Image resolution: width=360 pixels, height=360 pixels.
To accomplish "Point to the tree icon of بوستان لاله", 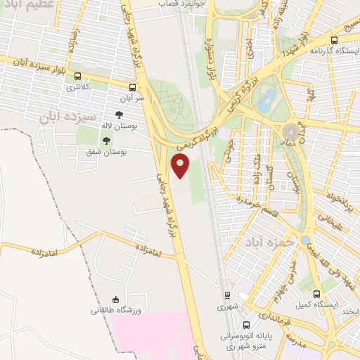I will tap(119, 114).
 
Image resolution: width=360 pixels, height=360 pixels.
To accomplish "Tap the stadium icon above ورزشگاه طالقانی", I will tap(116, 300).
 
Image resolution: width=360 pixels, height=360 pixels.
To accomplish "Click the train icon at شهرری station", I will tap(227, 295).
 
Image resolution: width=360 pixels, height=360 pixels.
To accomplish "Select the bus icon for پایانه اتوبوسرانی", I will tap(246, 325).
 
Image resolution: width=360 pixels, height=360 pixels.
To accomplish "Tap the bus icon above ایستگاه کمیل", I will tap(316, 294).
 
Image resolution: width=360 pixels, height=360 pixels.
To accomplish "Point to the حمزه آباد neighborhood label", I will tap(264, 242).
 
